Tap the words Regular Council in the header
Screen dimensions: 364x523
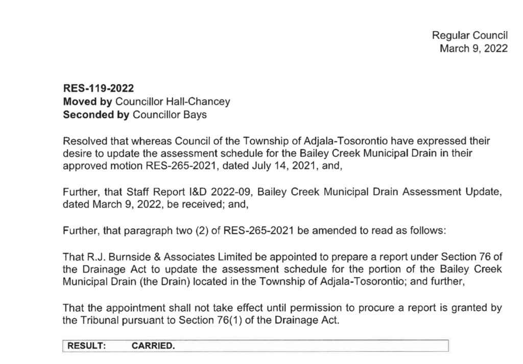click(469, 35)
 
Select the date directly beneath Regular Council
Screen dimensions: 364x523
click(473, 49)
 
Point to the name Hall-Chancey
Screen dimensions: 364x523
click(203, 102)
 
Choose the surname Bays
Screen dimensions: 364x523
click(196, 115)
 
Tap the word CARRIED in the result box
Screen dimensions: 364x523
click(153, 346)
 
